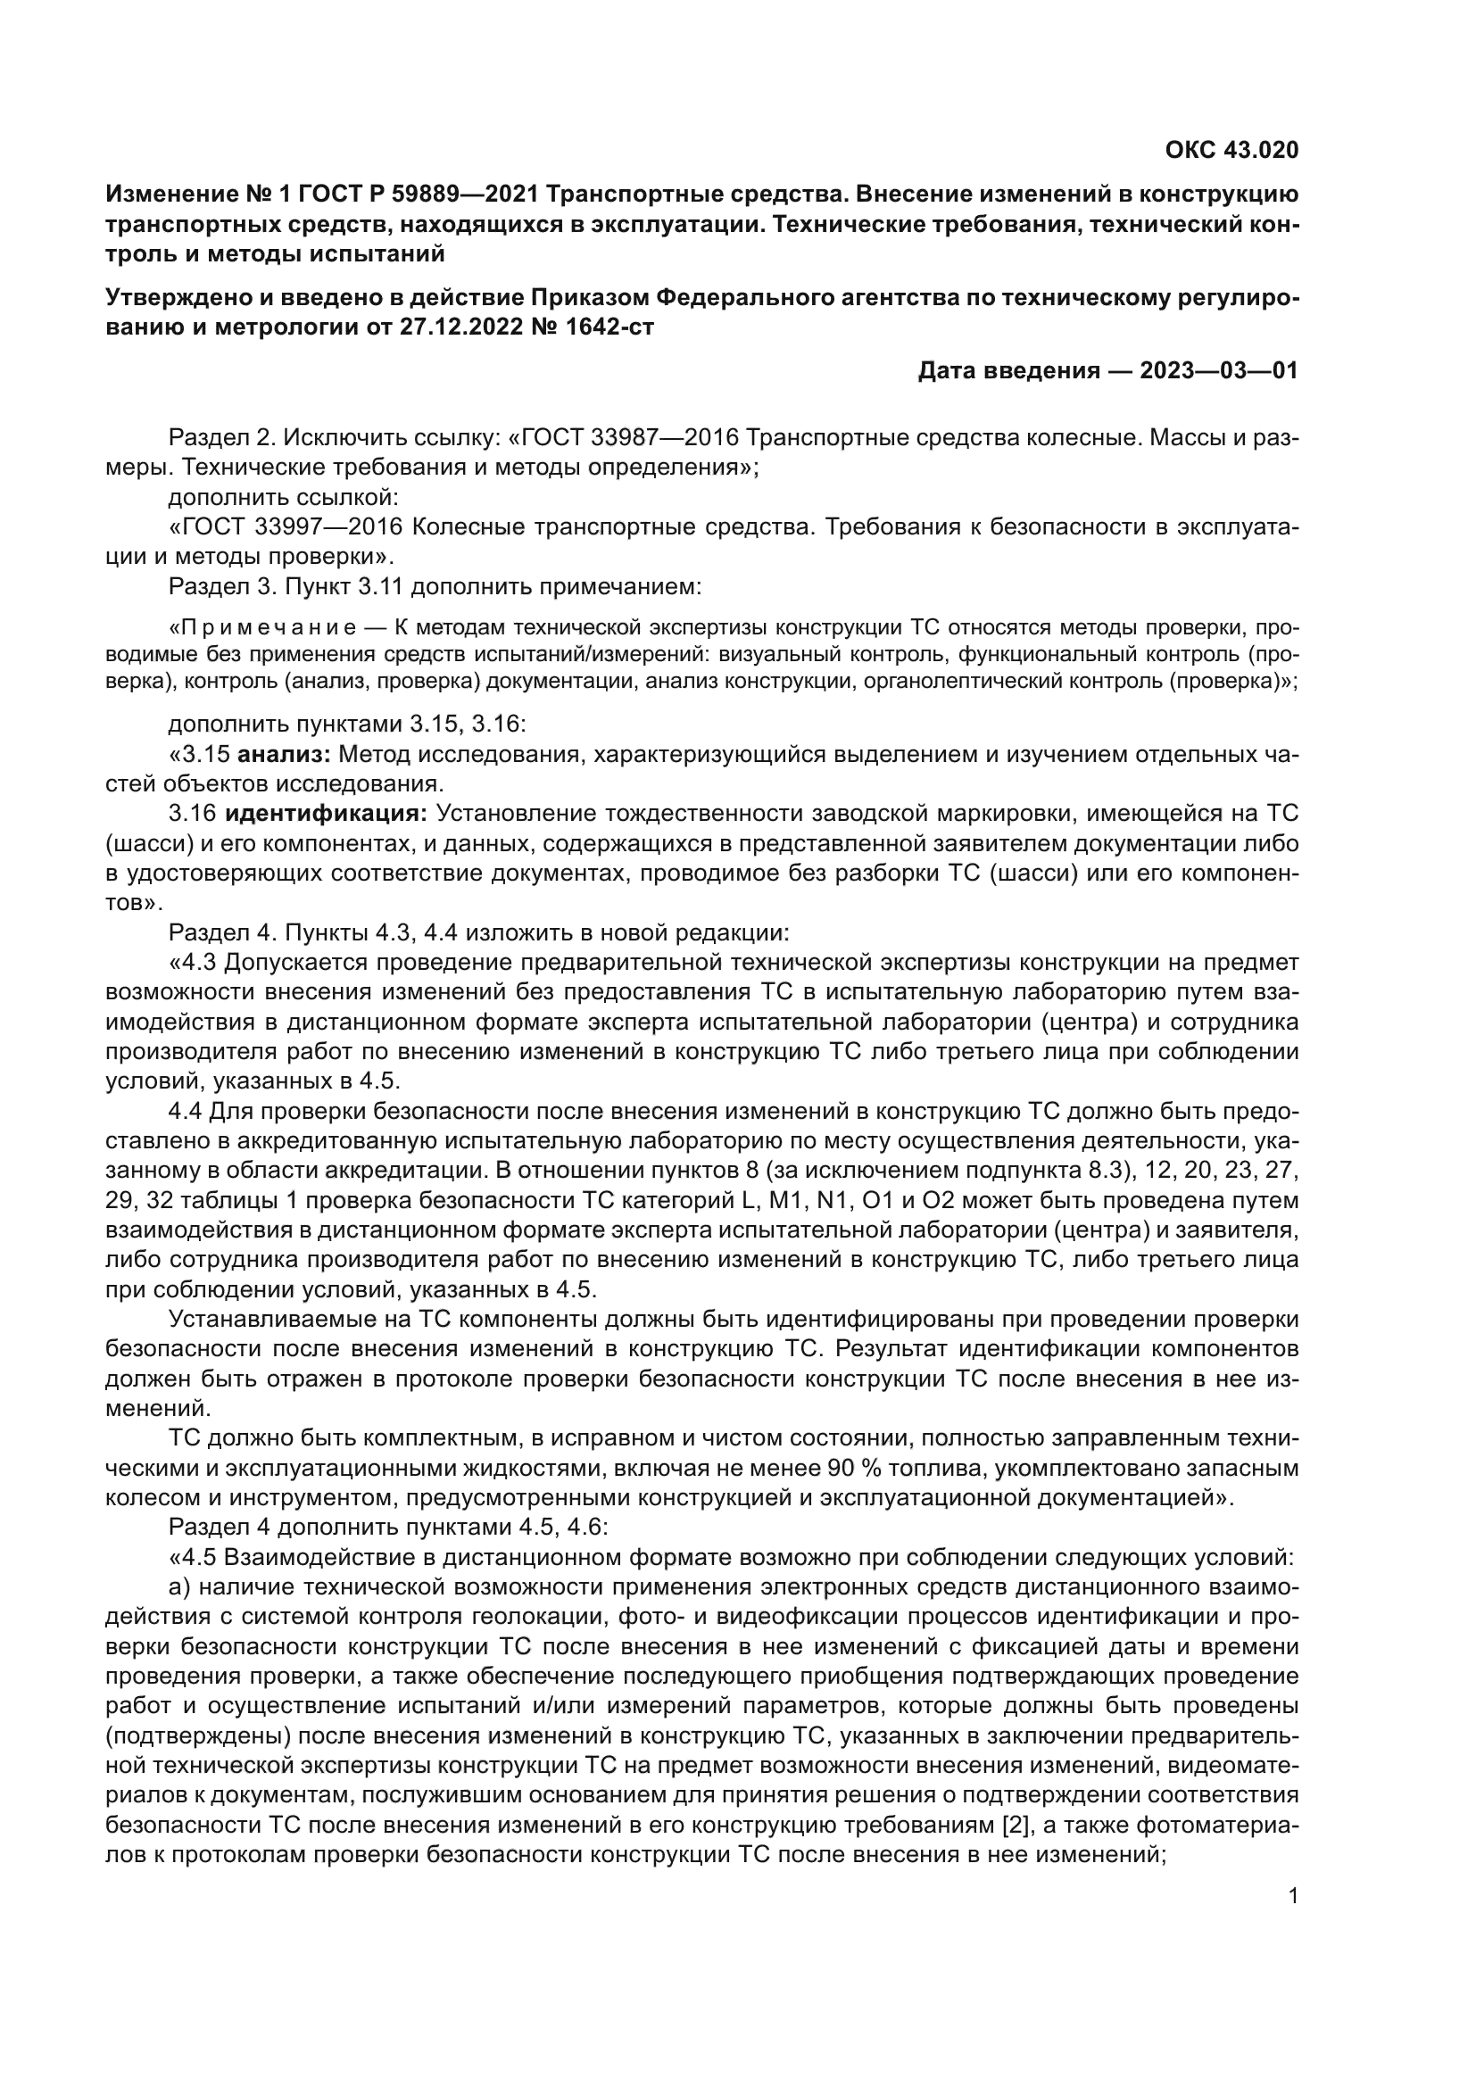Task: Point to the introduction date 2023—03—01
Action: [1219, 371]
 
